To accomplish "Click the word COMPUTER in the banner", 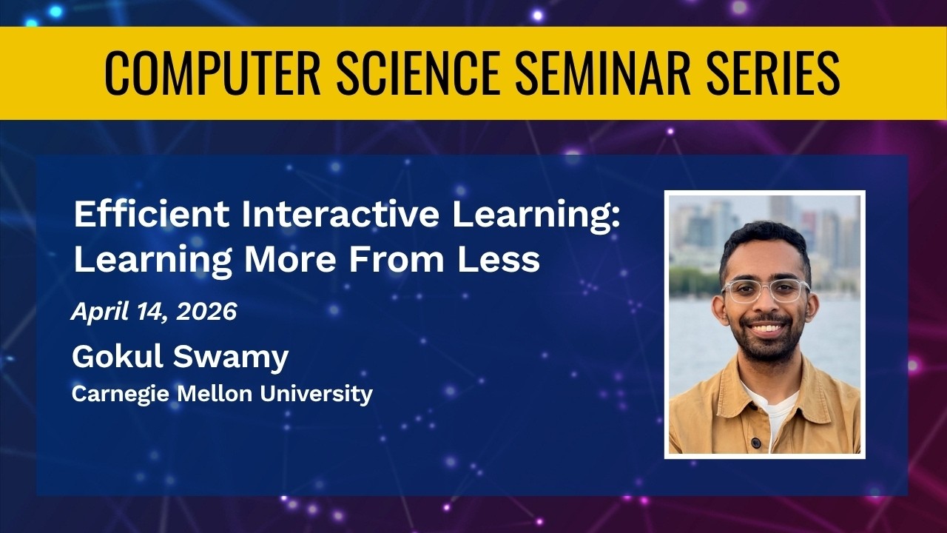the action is (x=212, y=73).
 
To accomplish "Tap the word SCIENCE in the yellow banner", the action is (x=419, y=73).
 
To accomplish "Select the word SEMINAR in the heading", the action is (x=604, y=73).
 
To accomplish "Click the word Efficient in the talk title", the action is (x=152, y=214).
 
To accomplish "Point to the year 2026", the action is (x=206, y=312).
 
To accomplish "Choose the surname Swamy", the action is (x=231, y=358).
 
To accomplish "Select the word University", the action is (x=316, y=395).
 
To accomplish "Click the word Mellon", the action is (x=215, y=393).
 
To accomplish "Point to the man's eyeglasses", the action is (x=765, y=291).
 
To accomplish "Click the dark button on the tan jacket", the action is (x=755, y=443).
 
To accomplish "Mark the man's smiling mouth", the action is (x=767, y=328).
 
